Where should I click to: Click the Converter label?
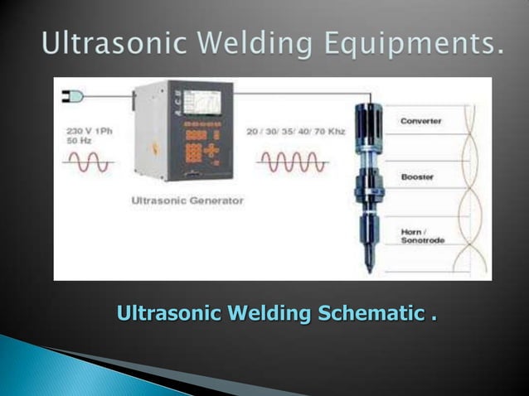420,121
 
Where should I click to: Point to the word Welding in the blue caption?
266,315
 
